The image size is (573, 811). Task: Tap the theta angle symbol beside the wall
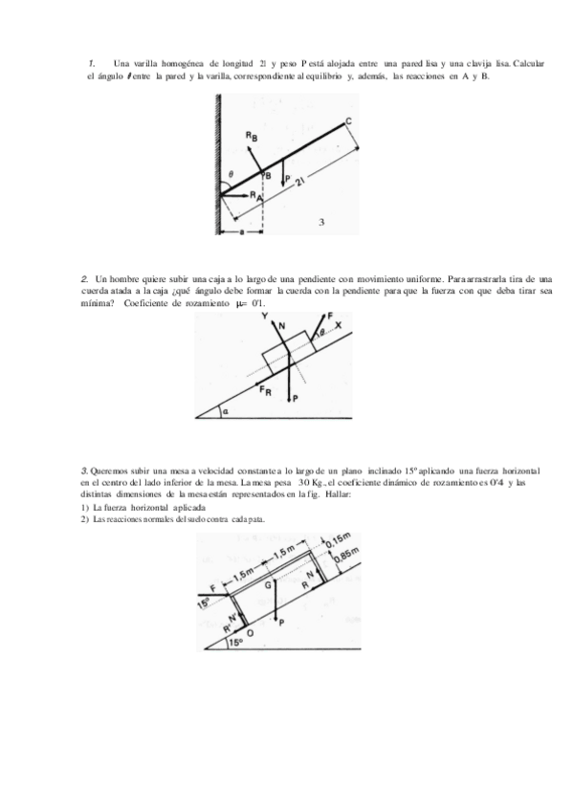[230, 174]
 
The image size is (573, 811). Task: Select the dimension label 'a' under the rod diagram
[243, 230]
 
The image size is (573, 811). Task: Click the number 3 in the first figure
[321, 221]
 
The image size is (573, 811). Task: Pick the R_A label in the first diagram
[255, 195]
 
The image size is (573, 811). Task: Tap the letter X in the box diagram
[338, 325]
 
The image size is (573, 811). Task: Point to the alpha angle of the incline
[223, 412]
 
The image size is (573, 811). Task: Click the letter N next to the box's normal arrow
[281, 326]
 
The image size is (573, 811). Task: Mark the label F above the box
[330, 315]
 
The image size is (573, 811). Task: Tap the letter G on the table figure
[269, 582]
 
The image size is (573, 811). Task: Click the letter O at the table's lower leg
[250, 632]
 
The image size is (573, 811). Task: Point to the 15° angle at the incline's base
[234, 644]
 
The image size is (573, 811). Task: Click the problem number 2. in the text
[85, 277]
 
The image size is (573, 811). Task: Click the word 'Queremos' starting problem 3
[108, 471]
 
